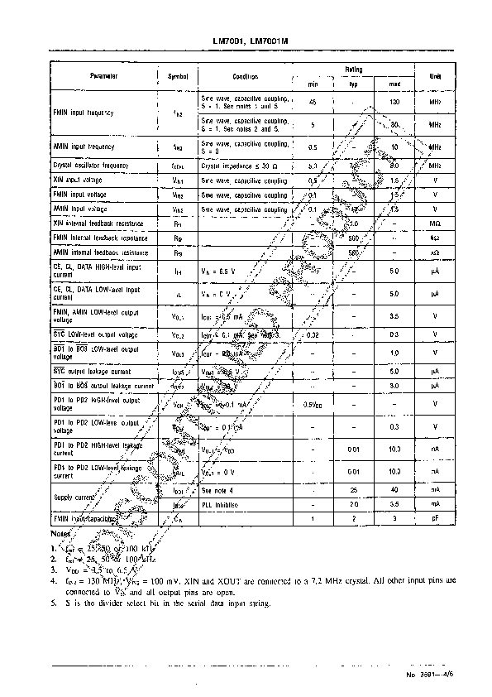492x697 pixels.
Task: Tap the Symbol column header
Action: (178, 76)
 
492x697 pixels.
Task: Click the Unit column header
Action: (433, 76)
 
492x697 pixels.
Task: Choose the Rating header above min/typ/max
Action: (354, 70)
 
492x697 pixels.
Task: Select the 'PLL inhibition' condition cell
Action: (219, 503)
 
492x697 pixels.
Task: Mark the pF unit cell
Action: (433, 517)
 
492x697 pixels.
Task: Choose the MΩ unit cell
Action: (433, 224)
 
